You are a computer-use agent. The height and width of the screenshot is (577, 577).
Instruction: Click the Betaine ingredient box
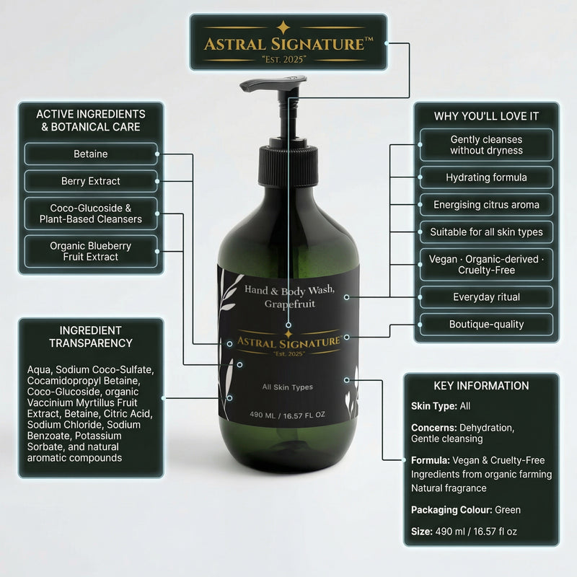pos(91,154)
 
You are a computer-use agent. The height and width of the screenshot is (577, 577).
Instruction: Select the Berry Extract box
pos(91,181)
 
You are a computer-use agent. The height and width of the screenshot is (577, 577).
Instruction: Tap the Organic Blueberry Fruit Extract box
pos(91,251)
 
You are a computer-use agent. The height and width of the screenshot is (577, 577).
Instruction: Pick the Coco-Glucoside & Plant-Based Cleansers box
pos(91,213)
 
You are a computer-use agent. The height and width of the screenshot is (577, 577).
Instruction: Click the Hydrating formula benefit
pos(486,177)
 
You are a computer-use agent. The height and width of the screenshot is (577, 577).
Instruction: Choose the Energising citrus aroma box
pos(486,205)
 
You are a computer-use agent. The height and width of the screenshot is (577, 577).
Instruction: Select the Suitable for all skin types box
pos(486,232)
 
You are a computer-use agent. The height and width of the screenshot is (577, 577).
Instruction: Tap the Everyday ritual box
pos(486,297)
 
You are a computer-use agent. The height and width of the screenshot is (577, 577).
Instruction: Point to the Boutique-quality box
pos(486,325)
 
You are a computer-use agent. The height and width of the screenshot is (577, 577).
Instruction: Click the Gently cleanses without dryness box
pos(486,145)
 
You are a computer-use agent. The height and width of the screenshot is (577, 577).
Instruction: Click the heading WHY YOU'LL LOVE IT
pos(486,115)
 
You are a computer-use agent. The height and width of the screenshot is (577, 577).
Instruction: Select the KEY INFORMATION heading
pos(481,386)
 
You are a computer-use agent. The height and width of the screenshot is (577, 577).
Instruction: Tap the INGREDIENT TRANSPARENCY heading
pos(91,337)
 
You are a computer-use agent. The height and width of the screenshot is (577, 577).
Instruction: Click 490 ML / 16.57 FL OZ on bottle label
pos(288,415)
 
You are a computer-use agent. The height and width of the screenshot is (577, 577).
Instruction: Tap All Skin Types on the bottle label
pos(288,387)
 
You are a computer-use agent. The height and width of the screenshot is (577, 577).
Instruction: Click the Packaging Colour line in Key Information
pos(466,510)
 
